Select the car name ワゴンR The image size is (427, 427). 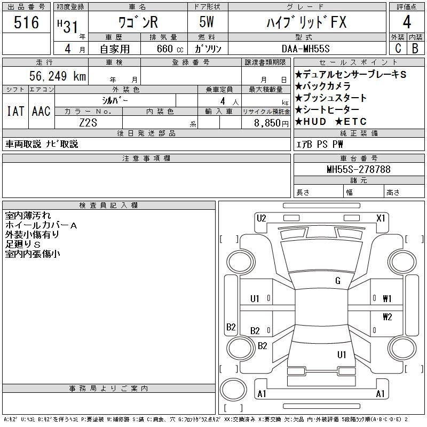[137, 22]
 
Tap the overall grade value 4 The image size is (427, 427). [407, 22]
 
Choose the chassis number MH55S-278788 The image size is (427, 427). [359, 170]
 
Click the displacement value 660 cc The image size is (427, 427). [166, 49]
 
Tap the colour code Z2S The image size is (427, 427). [88, 122]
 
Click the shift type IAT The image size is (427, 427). [15, 111]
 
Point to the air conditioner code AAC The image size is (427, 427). [41, 111]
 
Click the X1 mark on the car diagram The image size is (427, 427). [381, 218]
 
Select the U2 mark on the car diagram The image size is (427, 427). [261, 218]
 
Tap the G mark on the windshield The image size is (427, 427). [338, 281]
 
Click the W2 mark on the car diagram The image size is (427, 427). [387, 317]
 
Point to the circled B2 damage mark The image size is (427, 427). [231, 327]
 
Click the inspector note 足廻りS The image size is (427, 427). [23, 244]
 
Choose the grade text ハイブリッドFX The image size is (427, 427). [306, 22]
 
